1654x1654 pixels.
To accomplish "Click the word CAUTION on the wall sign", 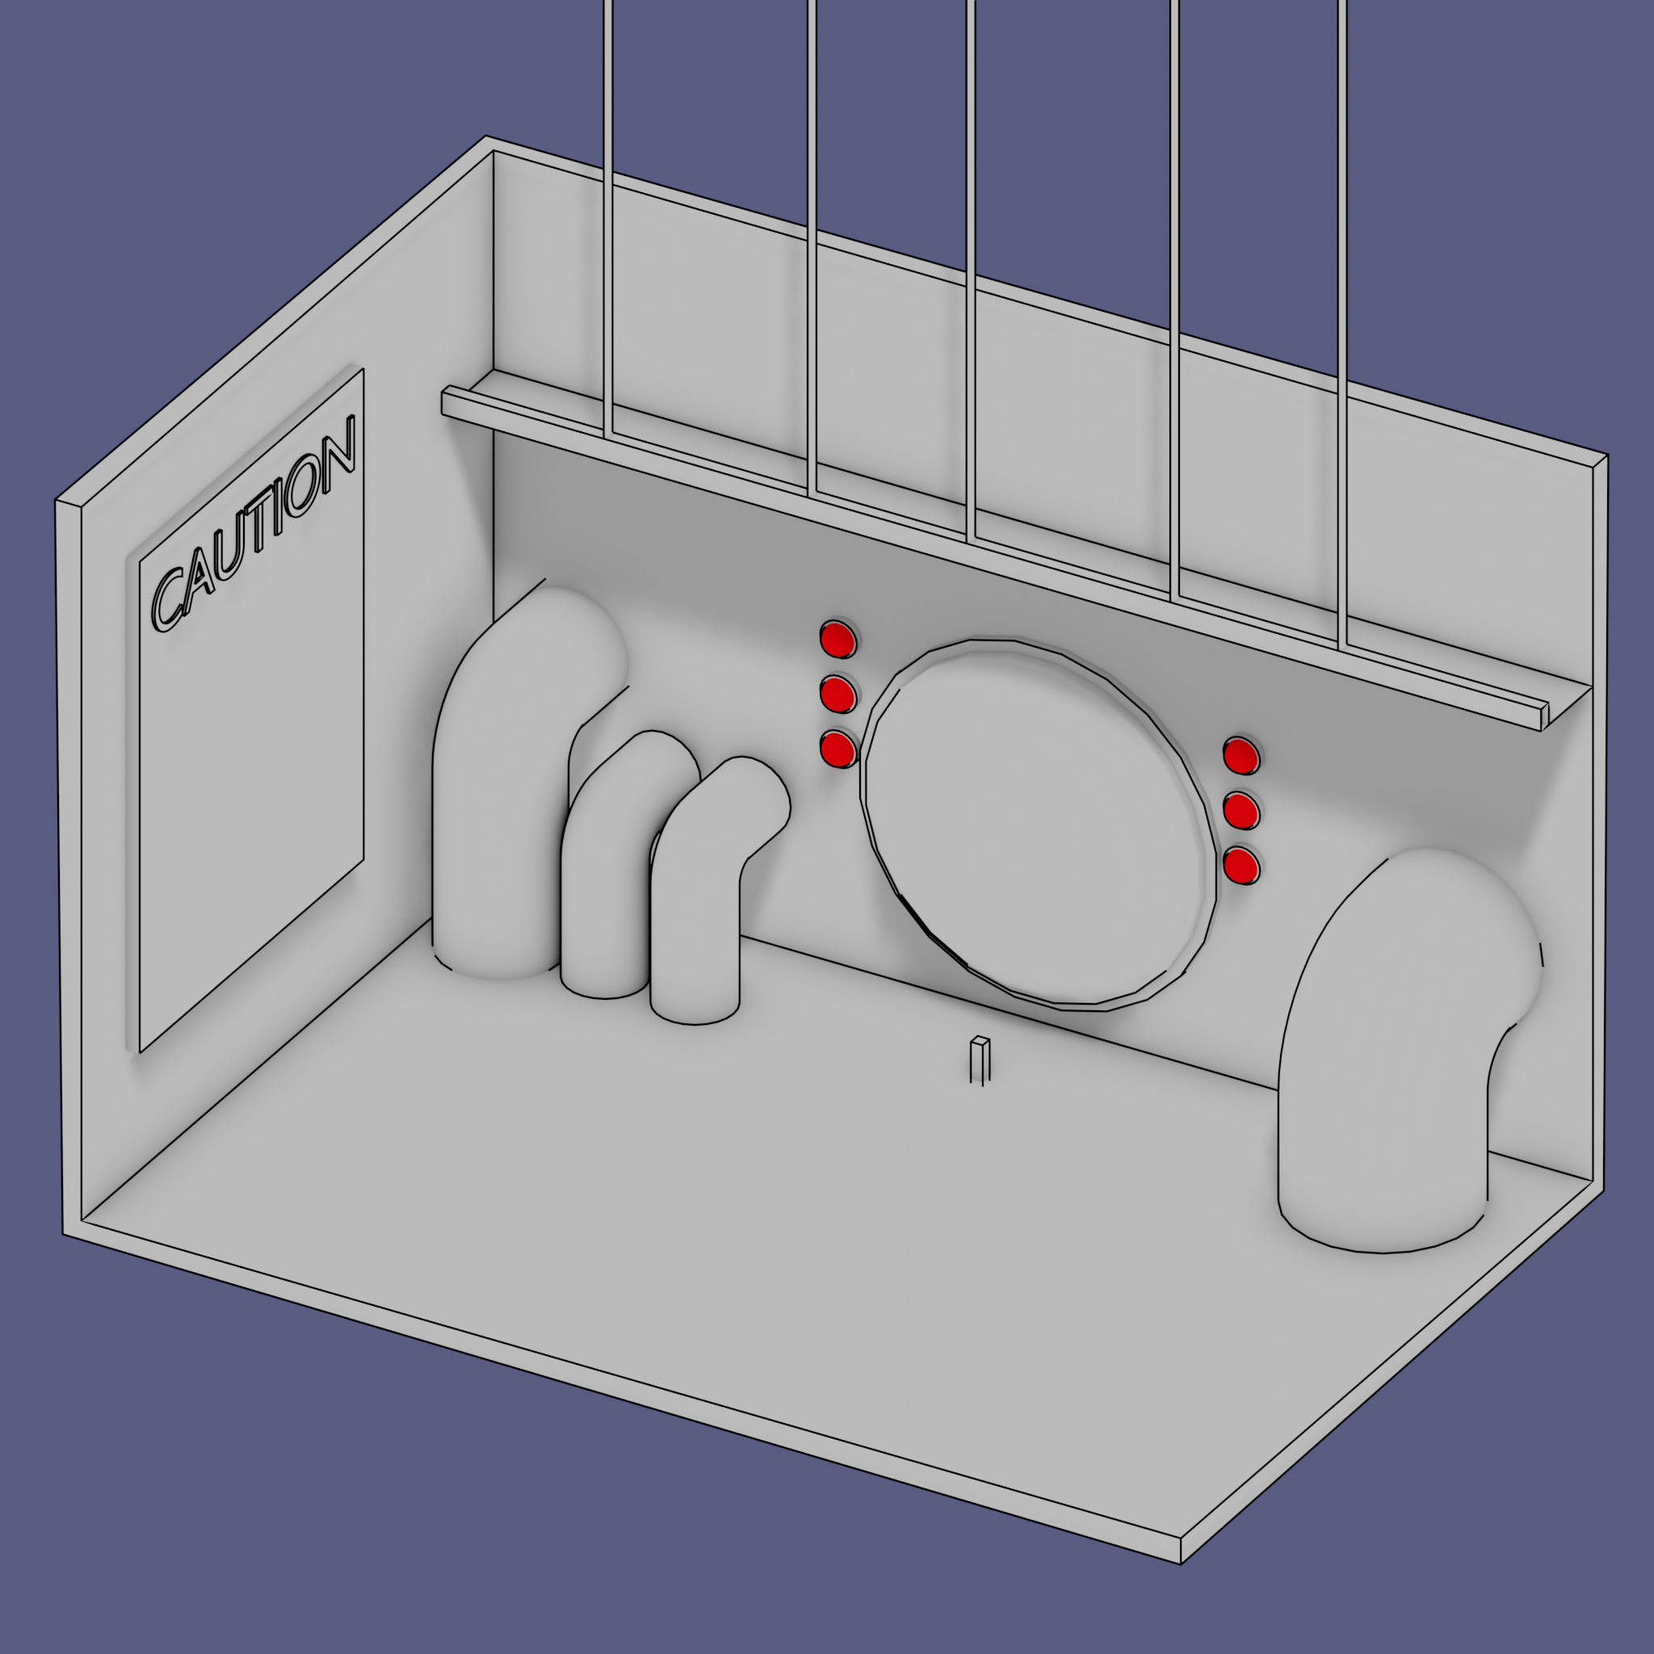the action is tap(254, 524).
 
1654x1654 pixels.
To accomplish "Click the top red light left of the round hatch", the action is tap(838, 639).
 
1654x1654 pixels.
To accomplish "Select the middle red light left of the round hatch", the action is tap(838, 694).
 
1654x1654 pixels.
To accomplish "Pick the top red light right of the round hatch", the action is tap(1241, 755).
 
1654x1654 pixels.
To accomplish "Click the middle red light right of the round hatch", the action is tap(1241, 811).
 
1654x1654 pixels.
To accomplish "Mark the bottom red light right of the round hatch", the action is tap(1241, 867).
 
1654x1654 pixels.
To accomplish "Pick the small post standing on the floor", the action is tap(980, 1061).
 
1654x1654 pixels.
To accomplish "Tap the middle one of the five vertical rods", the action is tap(971, 271).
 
